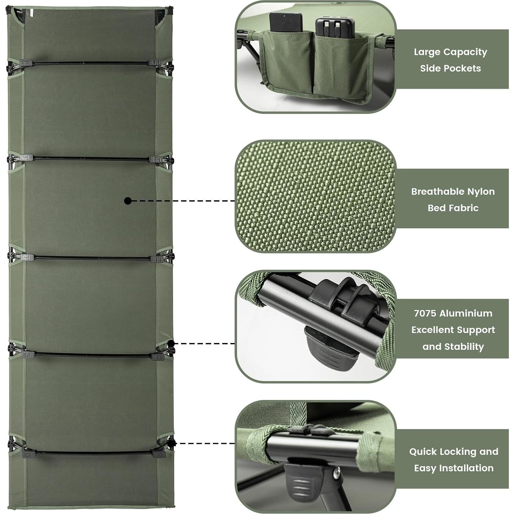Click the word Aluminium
coord(466,313)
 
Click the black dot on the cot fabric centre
coord(128,201)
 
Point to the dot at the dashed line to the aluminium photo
coord(172,343)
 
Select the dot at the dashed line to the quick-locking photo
coord(172,443)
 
